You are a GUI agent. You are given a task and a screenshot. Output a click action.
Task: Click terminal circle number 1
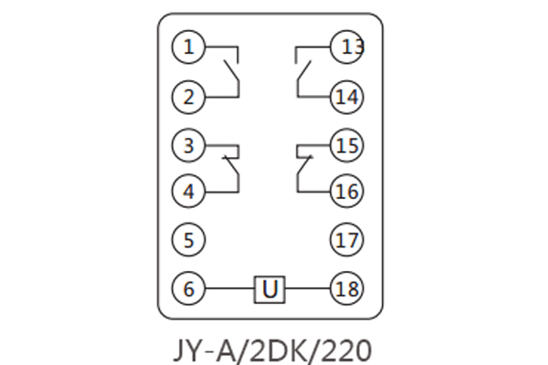tap(189, 47)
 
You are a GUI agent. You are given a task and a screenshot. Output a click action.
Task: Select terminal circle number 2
tap(189, 96)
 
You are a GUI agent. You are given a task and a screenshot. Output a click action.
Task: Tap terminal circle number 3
tap(189, 144)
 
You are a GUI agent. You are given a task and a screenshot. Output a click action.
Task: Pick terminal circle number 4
tap(189, 192)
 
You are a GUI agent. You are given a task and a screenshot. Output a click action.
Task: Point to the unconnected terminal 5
tap(189, 240)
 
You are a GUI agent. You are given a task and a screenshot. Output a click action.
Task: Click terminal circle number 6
tap(189, 289)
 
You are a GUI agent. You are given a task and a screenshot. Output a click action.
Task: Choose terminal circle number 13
tap(347, 47)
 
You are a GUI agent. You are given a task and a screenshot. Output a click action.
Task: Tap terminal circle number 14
tap(347, 96)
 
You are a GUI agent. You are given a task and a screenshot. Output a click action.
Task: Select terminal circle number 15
tap(347, 144)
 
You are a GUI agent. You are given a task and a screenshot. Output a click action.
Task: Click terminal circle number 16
tap(347, 192)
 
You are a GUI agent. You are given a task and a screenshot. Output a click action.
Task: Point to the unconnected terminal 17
tap(347, 240)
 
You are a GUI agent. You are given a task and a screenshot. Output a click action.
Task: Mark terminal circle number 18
tap(347, 289)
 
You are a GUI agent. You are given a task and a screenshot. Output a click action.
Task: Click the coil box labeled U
tap(269, 289)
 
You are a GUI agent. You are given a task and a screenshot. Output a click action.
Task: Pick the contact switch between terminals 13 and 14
tap(301, 71)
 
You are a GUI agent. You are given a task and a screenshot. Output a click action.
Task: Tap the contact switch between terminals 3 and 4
tap(234, 167)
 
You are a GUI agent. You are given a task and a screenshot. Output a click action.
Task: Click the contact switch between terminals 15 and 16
tap(302, 167)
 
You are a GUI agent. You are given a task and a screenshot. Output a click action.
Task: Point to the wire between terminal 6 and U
tap(229, 289)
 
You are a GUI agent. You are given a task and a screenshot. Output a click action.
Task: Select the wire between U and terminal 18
tap(308, 289)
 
